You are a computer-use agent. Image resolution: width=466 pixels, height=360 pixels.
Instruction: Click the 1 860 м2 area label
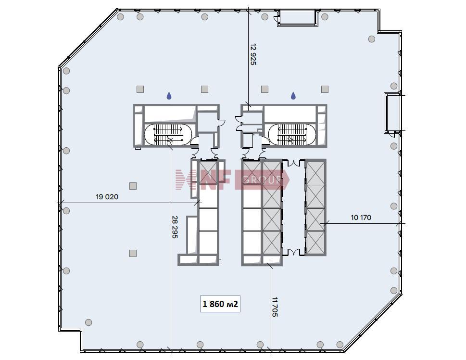[220, 304]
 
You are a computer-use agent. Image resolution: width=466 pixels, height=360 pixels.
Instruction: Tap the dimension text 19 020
[107, 197]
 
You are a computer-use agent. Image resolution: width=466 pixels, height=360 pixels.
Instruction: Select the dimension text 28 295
[175, 227]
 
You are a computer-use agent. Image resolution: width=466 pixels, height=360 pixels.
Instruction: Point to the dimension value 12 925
[253, 54]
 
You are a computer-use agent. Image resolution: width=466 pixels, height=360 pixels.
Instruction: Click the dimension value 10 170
[361, 218]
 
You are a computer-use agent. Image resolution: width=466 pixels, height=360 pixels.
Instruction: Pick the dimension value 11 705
[275, 307]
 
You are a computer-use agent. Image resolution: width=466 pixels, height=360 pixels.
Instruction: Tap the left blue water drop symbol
[169, 95]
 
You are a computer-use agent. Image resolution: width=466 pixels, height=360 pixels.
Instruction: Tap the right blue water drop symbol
[293, 95]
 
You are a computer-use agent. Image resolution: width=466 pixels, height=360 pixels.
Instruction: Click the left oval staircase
[168, 134]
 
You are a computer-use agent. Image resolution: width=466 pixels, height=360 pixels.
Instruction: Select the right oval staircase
[292, 134]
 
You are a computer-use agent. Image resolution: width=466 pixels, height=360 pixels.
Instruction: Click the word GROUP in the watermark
[262, 180]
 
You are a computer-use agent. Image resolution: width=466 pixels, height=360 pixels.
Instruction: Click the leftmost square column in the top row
[140, 89]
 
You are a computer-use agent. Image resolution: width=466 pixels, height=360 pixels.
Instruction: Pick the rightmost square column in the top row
[325, 89]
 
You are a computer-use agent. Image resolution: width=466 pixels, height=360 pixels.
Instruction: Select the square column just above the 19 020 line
[133, 186]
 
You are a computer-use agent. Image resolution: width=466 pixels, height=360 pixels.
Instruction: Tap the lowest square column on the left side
[133, 253]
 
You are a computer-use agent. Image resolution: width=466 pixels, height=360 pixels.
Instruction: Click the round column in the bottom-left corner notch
[88, 322]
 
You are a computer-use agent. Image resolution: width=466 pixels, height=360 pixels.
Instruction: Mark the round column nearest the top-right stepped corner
[371, 39]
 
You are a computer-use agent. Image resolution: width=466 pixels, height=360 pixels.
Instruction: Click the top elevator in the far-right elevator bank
[315, 173]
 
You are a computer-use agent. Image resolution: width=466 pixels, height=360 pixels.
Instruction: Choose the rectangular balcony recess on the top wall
[298, 17]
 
